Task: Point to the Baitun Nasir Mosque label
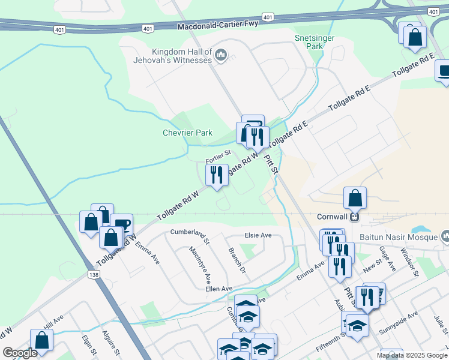click(399, 236)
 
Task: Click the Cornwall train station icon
click(354, 217)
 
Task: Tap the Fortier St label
click(218, 157)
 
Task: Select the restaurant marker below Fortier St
click(215, 175)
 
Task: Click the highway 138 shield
click(94, 274)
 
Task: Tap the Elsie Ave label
click(259, 235)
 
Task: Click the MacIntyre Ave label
click(200, 265)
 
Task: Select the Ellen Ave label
click(218, 289)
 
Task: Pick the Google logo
click(20, 353)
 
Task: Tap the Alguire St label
click(113, 344)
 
